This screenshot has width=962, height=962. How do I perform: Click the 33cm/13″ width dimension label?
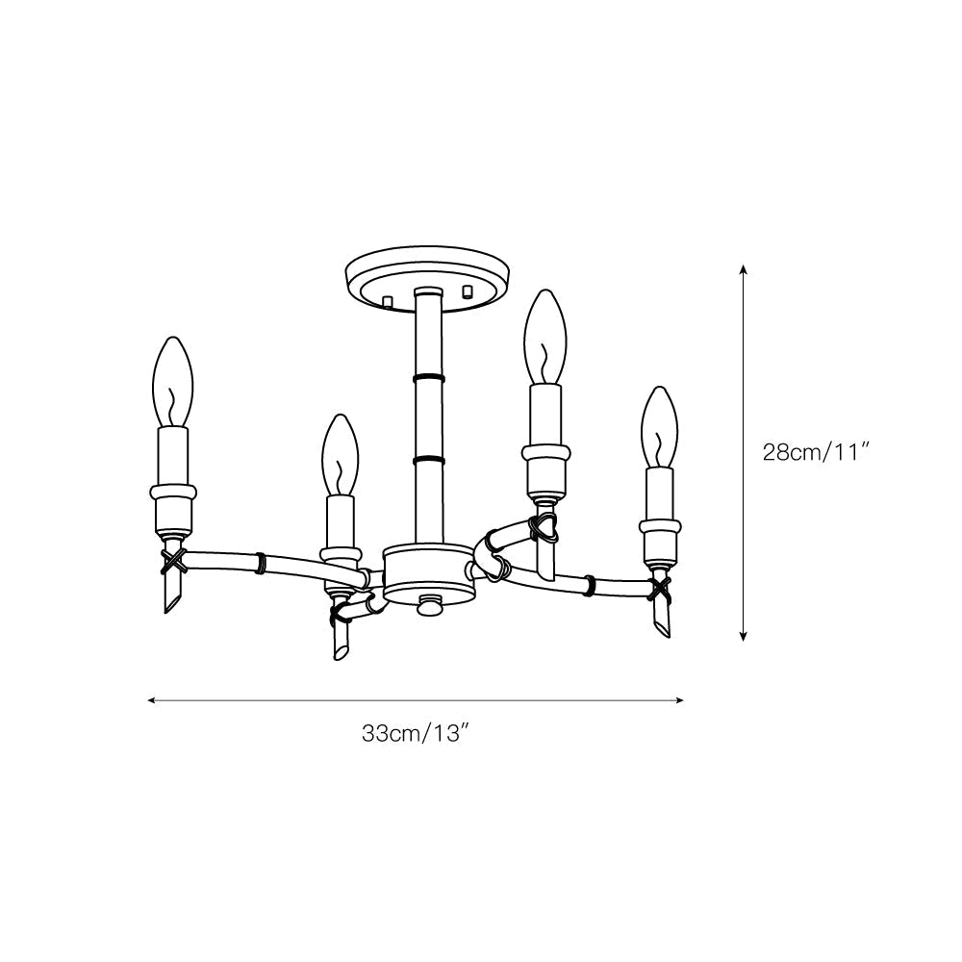415,733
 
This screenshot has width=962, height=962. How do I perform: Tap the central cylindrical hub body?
428,574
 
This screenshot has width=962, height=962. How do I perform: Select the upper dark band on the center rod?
428,378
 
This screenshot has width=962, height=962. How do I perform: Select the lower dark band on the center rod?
428,460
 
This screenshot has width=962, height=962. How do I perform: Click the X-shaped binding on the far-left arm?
172,560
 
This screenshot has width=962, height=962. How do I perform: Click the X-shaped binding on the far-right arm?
660,586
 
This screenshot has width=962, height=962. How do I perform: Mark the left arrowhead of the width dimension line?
151,700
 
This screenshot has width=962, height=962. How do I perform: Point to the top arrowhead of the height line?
744,269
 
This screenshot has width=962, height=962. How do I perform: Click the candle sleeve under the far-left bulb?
174,457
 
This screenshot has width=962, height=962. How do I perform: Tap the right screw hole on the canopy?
468,291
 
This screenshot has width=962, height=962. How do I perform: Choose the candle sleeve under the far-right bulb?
660,493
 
